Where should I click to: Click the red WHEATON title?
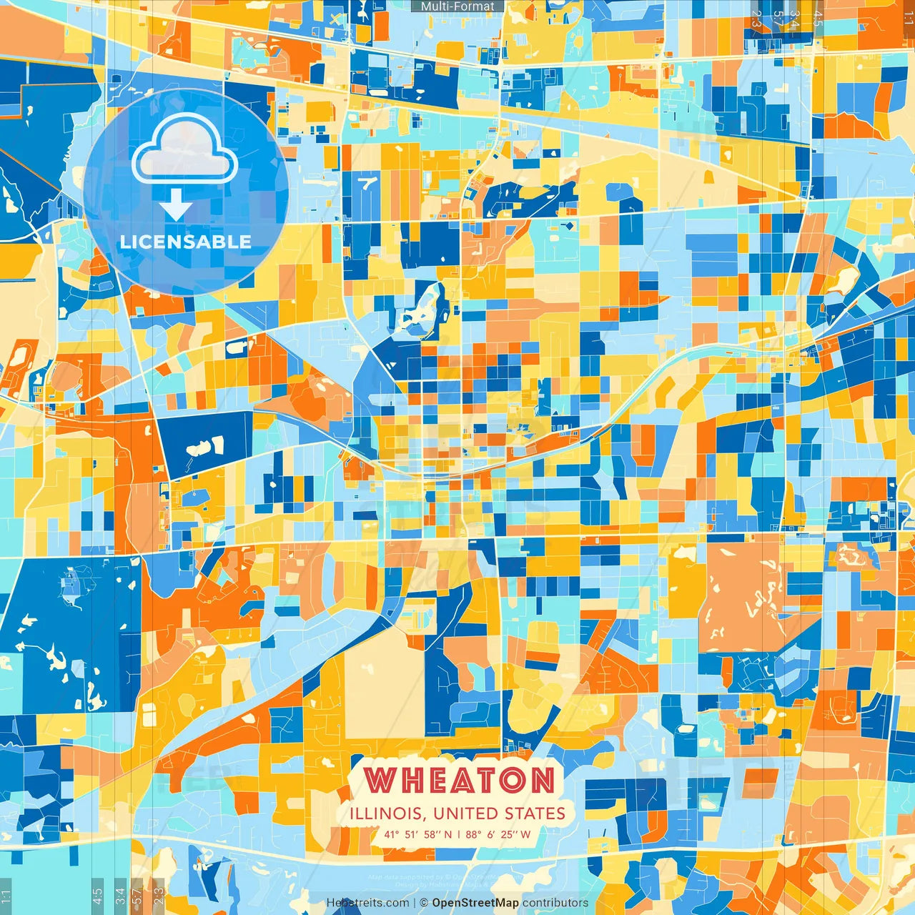(458, 780)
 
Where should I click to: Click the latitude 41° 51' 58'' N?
(418, 834)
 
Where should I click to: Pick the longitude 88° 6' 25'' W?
(498, 834)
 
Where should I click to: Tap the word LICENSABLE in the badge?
(185, 242)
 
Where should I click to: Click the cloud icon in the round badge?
(185, 148)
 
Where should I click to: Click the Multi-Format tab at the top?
(457, 6)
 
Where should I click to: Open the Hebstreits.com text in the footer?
(367, 903)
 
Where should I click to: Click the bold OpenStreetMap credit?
(475, 903)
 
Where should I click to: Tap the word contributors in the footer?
(555, 903)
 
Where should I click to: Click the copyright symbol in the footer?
(424, 903)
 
